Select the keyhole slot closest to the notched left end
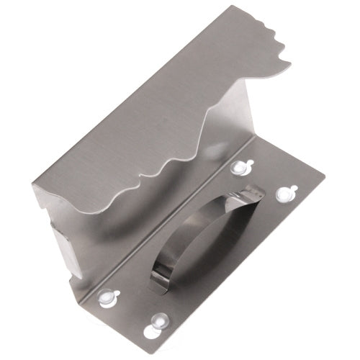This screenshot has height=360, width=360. tap(108, 296)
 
